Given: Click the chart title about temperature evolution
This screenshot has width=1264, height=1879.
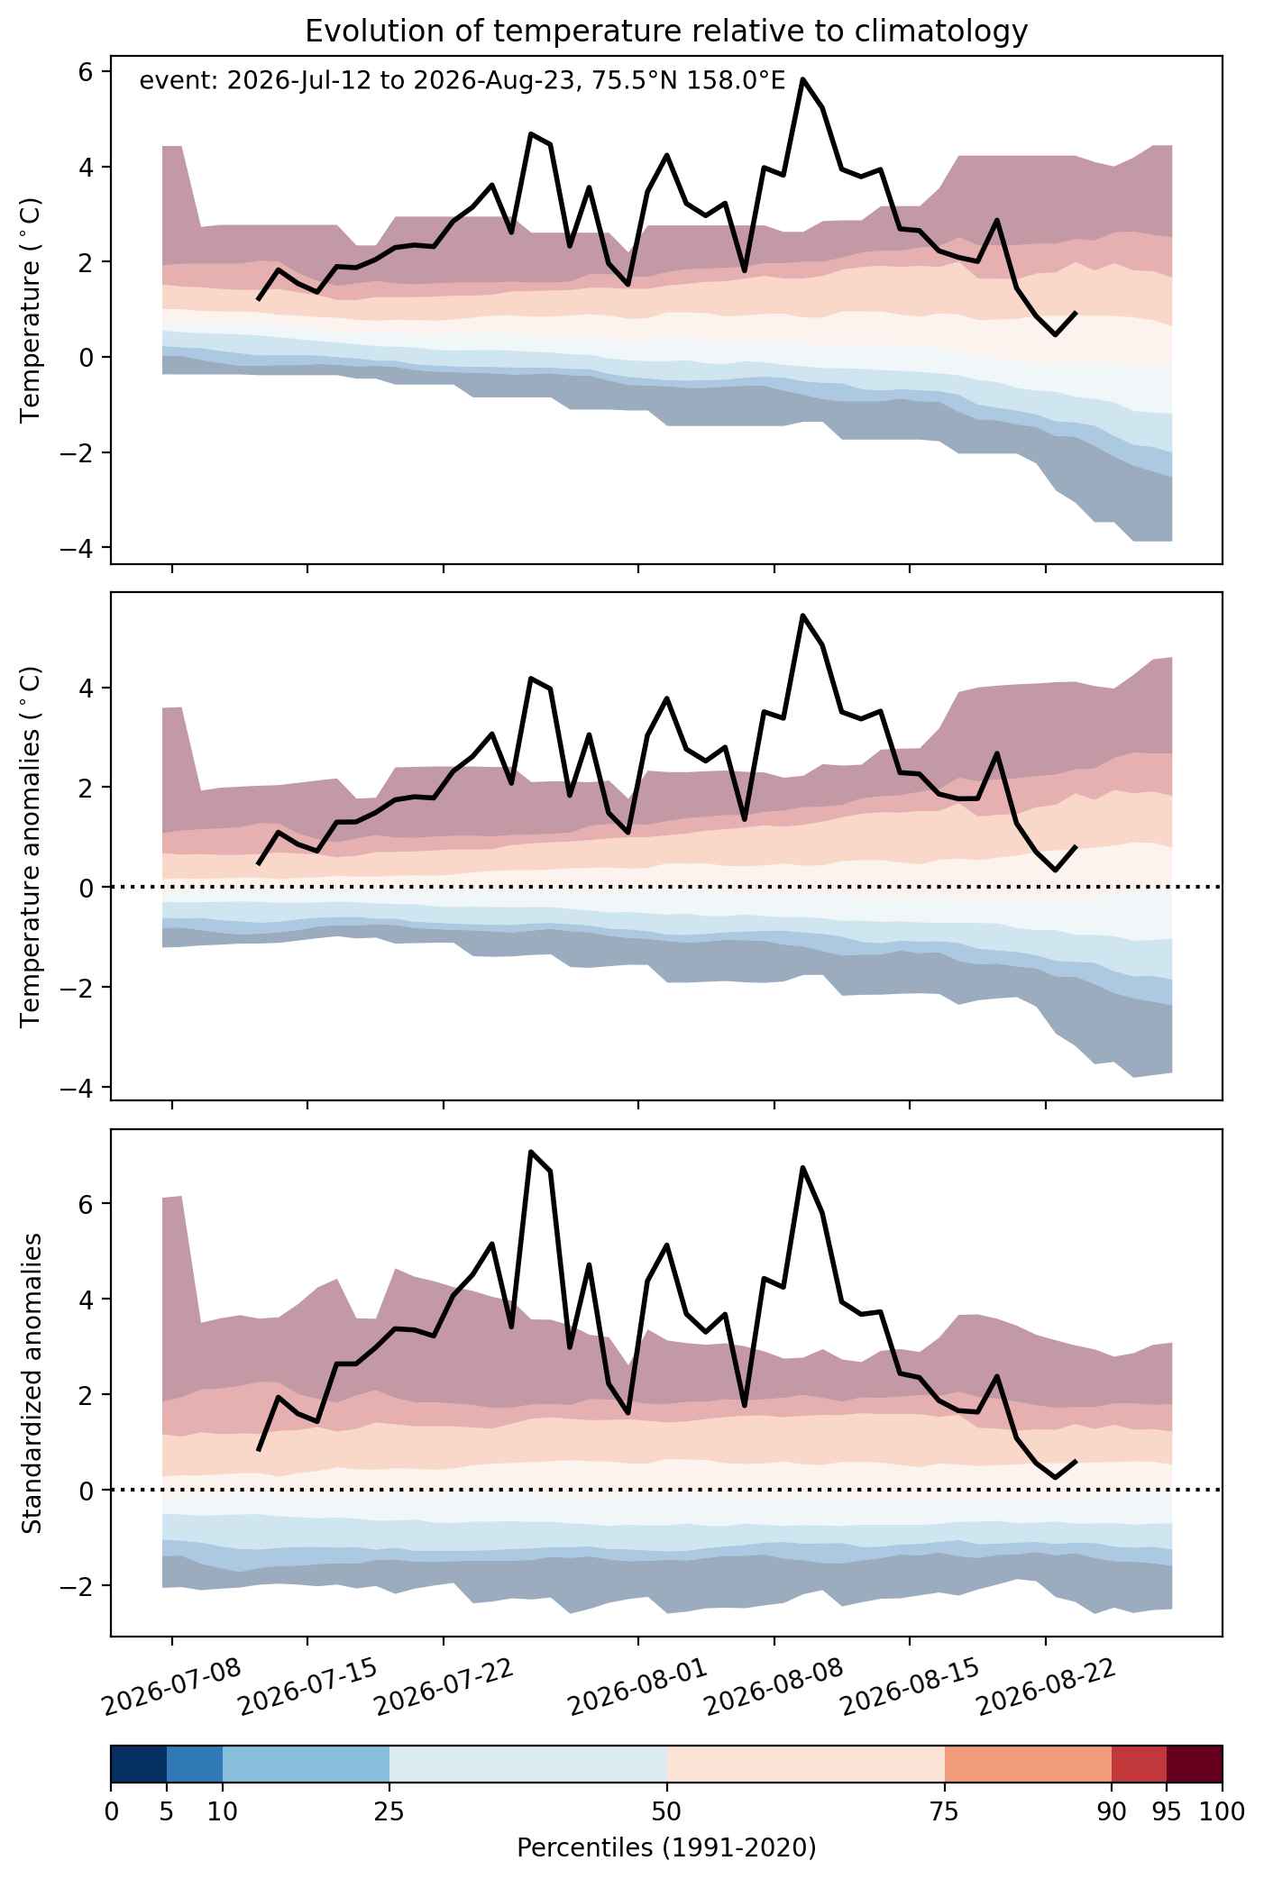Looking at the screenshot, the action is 666,32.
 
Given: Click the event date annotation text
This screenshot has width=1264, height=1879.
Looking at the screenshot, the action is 463,82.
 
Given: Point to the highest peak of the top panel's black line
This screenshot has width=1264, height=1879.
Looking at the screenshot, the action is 802,79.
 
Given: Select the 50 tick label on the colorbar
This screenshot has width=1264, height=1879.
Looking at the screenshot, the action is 667,1812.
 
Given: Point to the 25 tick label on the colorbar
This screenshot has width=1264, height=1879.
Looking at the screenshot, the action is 389,1812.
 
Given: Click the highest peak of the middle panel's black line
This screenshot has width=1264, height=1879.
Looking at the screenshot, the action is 802,616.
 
